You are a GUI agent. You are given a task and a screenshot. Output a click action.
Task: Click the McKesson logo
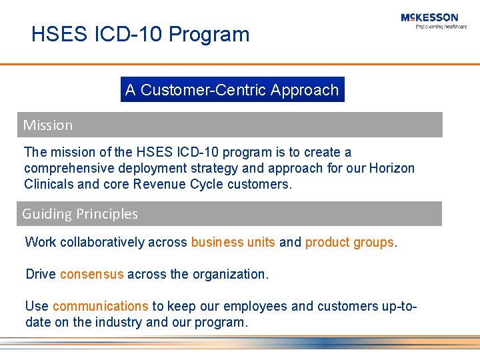click(x=429, y=17)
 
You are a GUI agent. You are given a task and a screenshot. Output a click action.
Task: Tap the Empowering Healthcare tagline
click(x=441, y=27)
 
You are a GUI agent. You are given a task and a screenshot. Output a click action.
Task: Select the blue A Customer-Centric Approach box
click(x=232, y=90)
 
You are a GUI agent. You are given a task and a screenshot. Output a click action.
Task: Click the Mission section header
click(x=48, y=125)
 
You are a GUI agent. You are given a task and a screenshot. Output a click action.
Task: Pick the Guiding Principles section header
click(x=80, y=214)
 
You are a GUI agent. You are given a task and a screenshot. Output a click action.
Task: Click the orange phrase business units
click(x=233, y=242)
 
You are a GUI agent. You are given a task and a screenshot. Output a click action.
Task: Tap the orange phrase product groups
click(x=349, y=242)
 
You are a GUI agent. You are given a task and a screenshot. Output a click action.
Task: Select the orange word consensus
click(x=91, y=274)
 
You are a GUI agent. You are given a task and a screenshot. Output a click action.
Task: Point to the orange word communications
click(x=100, y=306)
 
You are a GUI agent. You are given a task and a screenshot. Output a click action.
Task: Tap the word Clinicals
click(x=49, y=184)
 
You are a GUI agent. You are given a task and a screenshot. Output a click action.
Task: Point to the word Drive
click(x=41, y=274)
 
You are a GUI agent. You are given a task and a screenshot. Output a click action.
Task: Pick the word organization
click(x=228, y=274)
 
